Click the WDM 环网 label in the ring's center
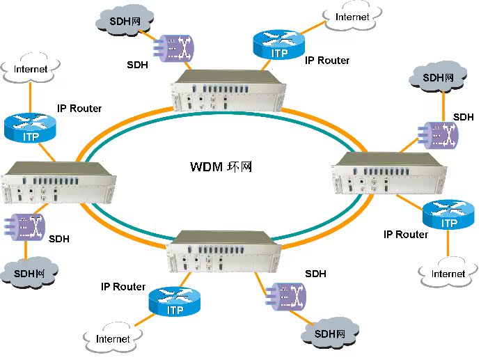[221, 168]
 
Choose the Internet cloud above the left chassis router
[31, 69]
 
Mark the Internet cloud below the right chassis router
[448, 273]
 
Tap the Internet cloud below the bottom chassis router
[113, 338]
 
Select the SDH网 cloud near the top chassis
[125, 21]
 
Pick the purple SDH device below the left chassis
[25, 226]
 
